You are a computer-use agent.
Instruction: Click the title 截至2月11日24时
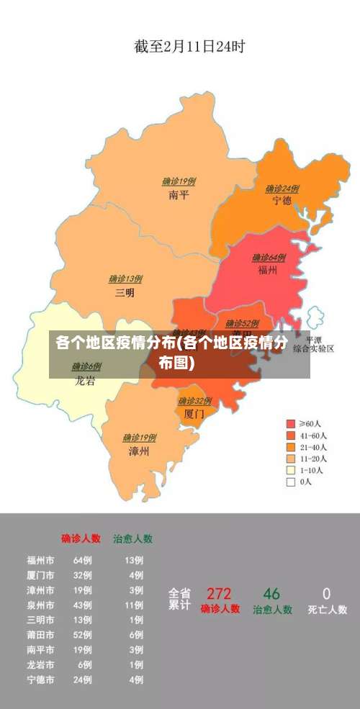click(189, 48)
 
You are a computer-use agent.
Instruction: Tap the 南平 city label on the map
click(179, 194)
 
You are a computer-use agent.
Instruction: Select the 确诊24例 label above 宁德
click(282, 189)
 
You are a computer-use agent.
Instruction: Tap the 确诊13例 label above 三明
click(125, 279)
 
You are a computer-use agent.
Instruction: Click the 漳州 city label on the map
click(139, 451)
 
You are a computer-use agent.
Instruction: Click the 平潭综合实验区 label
click(315, 344)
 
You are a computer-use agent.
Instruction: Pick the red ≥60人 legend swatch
click(291, 424)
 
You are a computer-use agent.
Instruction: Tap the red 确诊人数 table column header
click(81, 538)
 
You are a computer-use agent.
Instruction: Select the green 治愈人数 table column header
click(132, 538)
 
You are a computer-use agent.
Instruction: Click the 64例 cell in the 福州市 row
click(82, 560)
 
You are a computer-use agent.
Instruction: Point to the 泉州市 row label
click(40, 605)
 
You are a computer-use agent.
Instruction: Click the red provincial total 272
click(219, 594)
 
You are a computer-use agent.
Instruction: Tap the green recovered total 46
click(271, 594)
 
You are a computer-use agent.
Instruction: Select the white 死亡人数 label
click(327, 610)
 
